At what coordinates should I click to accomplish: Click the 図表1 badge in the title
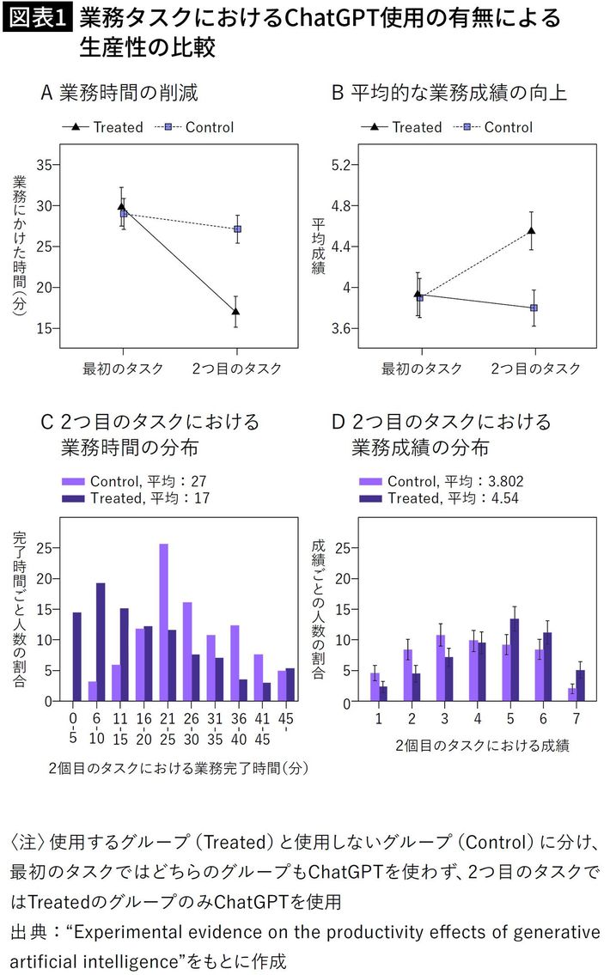pos(40,17)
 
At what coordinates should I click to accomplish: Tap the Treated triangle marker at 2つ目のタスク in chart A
pos(236,311)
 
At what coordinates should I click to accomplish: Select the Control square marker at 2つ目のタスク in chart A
pos(236,229)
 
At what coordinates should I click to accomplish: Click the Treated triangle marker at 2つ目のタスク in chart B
pos(532,230)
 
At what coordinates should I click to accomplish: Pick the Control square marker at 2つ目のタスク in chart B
pos(534,308)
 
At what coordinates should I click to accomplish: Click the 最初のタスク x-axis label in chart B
pos(421,369)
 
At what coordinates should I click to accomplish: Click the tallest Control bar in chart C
pos(163,622)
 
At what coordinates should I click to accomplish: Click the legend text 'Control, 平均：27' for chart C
pos(133,481)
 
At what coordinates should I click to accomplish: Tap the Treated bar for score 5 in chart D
pos(515,660)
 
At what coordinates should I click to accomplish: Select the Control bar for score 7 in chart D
pos(571,695)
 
